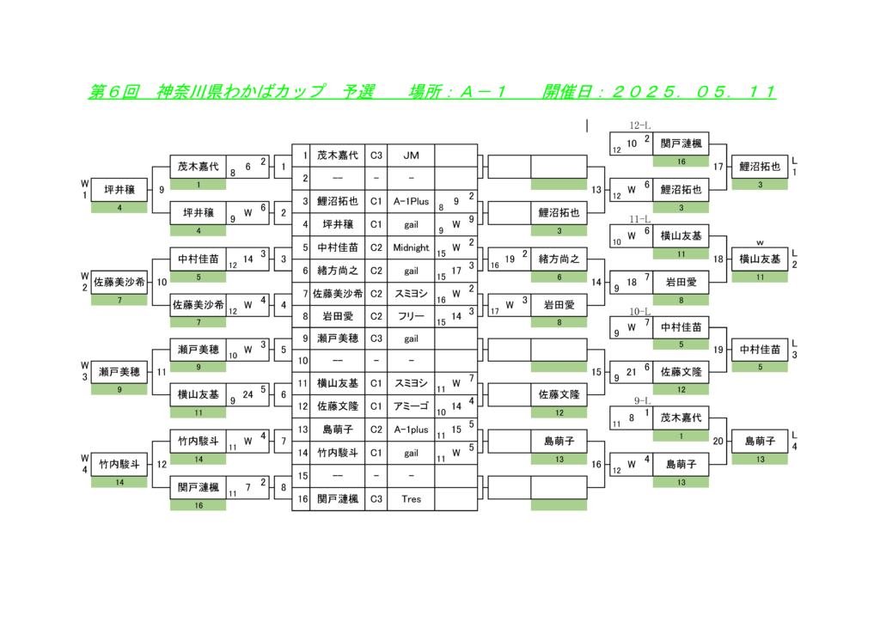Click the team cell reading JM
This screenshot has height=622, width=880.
[411, 155]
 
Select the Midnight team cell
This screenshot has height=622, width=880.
[411, 247]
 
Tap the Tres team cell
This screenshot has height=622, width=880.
[411, 498]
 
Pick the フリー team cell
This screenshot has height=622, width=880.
[411, 316]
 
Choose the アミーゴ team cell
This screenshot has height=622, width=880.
[411, 406]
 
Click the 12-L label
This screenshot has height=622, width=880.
[639, 125]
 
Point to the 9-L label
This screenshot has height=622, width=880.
[642, 401]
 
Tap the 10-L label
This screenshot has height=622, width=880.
[639, 311]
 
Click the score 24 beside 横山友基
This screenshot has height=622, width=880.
[247, 394]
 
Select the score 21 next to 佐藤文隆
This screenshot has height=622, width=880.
[632, 372]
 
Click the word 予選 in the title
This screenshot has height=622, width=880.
[358, 91]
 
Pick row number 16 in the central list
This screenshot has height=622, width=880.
[302, 498]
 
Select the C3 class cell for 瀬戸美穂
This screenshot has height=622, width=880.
[376, 338]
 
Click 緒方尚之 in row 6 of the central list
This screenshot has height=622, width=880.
[337, 271]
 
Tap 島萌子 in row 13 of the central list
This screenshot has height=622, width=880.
[337, 430]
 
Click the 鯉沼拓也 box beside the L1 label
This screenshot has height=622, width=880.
[760, 167]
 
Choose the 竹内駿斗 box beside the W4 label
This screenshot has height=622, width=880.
[119, 464]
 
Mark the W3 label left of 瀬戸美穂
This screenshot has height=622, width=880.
[85, 371]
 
